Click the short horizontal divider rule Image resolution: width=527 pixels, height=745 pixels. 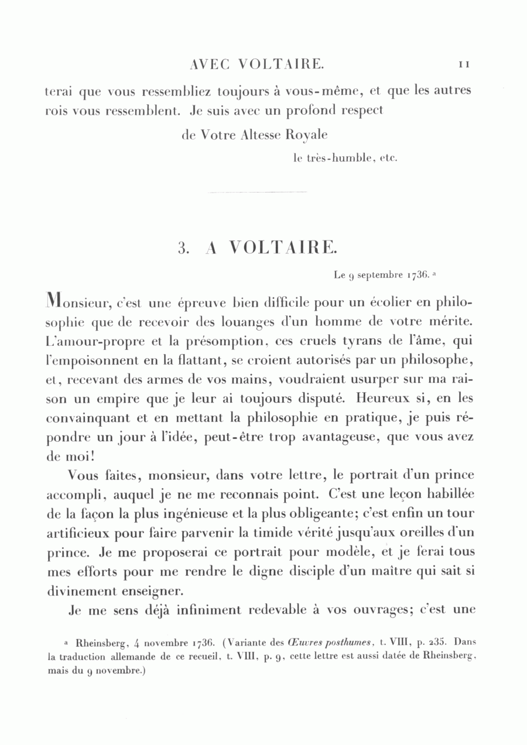point(258,192)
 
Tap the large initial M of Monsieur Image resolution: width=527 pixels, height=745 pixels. point(55,303)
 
